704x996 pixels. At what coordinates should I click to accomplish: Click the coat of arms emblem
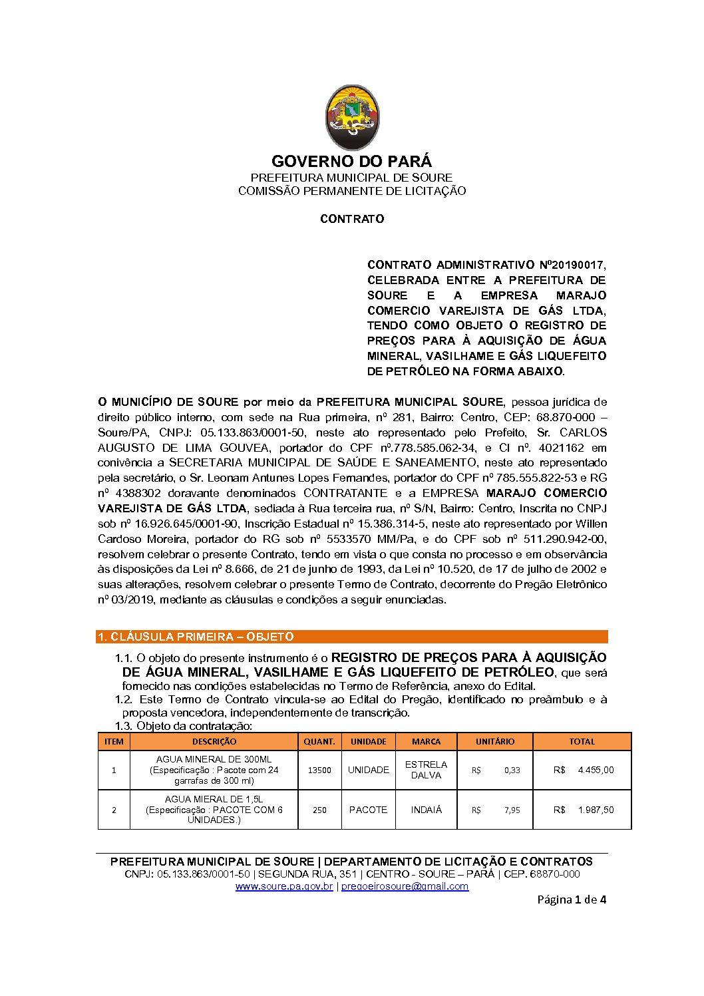(352, 117)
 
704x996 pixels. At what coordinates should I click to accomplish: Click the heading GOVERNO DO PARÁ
(351, 162)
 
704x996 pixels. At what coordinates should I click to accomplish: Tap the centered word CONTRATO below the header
(352, 219)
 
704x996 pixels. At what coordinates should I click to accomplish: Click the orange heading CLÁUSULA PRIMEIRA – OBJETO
(196, 637)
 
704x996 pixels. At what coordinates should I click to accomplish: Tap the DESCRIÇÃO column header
(214, 741)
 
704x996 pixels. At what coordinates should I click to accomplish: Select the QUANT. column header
(319, 741)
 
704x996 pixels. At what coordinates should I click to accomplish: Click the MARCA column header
(426, 741)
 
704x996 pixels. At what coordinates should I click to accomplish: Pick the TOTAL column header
(582, 741)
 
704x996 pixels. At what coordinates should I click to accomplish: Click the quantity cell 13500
(319, 770)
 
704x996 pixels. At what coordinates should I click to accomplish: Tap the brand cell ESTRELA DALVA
(426, 770)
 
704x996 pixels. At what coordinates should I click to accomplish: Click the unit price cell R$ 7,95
(496, 810)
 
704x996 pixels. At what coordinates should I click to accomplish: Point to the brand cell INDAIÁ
(426, 810)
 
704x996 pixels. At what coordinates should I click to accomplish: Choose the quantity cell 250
(319, 810)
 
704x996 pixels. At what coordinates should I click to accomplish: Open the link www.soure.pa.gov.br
(284, 886)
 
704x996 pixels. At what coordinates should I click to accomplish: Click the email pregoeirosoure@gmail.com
(405, 886)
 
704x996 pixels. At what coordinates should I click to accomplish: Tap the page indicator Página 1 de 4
(572, 900)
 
